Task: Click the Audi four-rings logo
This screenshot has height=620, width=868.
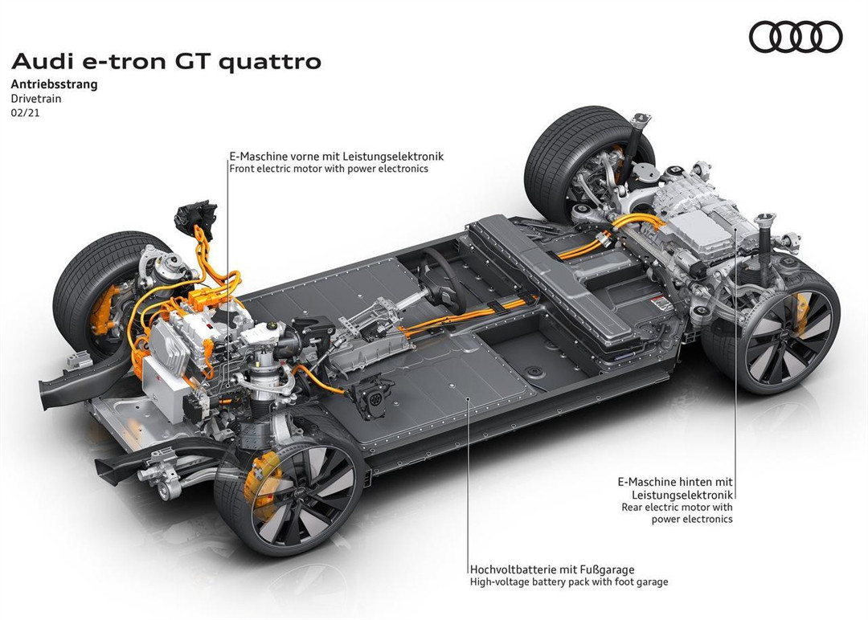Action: (796, 37)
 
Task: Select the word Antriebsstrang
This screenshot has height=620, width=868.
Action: (54, 84)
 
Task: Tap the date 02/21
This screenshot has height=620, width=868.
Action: (25, 114)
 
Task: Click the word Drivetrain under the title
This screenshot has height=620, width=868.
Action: (36, 100)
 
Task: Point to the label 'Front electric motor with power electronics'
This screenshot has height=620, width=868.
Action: (329, 169)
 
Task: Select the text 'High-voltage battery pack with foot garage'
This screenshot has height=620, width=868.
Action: (569, 582)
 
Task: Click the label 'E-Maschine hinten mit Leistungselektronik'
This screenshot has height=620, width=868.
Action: (675, 488)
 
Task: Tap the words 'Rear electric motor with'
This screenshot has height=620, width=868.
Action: (677, 507)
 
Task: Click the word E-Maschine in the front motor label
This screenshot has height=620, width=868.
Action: (256, 157)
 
